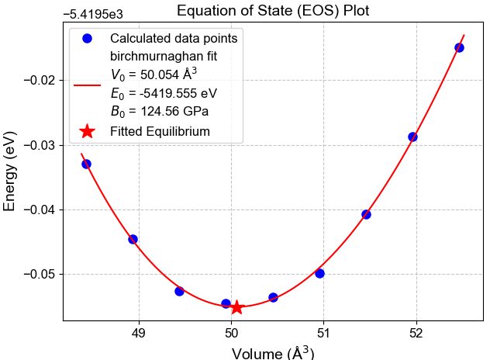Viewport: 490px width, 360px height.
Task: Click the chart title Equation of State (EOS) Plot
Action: click(x=273, y=11)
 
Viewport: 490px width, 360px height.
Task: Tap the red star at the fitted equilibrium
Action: click(x=236, y=307)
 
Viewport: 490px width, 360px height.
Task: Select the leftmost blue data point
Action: click(x=86, y=164)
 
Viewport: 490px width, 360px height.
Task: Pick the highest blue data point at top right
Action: click(x=459, y=47)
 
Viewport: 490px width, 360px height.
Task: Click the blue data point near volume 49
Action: click(x=133, y=239)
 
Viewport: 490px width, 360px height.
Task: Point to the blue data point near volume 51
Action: click(x=319, y=273)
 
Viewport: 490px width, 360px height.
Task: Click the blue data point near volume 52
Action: click(x=412, y=137)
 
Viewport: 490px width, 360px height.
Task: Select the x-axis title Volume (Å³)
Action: click(x=273, y=352)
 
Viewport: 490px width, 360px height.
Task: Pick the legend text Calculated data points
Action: click(x=174, y=38)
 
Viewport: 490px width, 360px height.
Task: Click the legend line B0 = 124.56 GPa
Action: click(x=159, y=111)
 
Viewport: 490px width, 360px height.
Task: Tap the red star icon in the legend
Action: click(x=88, y=131)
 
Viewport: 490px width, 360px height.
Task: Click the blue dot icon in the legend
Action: click(x=88, y=38)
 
